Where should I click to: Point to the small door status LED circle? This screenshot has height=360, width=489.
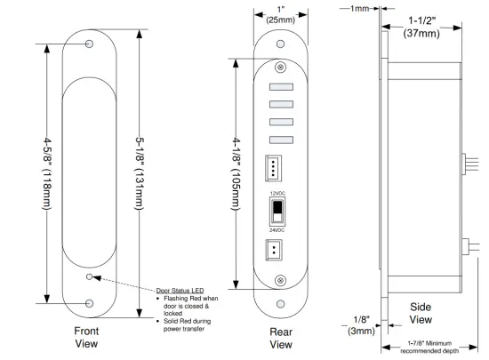coord(88,277)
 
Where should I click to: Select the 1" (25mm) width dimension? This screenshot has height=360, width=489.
coord(281,15)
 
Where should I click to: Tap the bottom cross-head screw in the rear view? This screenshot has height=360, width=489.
coord(281,282)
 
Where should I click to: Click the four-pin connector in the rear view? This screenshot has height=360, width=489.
coord(272,168)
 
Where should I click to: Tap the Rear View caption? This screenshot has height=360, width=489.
coord(281,338)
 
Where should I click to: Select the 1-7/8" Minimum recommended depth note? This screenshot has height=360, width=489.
coord(432,346)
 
